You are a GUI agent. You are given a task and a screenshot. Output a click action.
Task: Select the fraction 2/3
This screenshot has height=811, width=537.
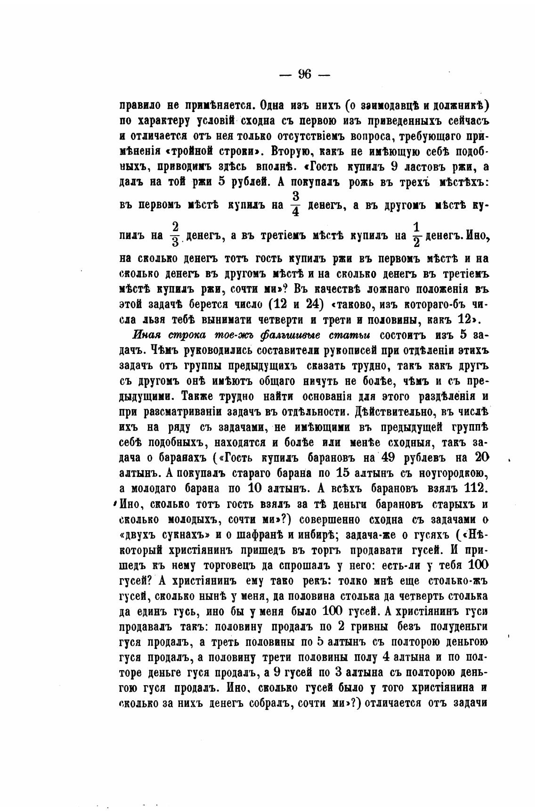pos(174,235)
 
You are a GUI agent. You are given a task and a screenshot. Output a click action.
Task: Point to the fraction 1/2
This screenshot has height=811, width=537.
pos(416,235)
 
